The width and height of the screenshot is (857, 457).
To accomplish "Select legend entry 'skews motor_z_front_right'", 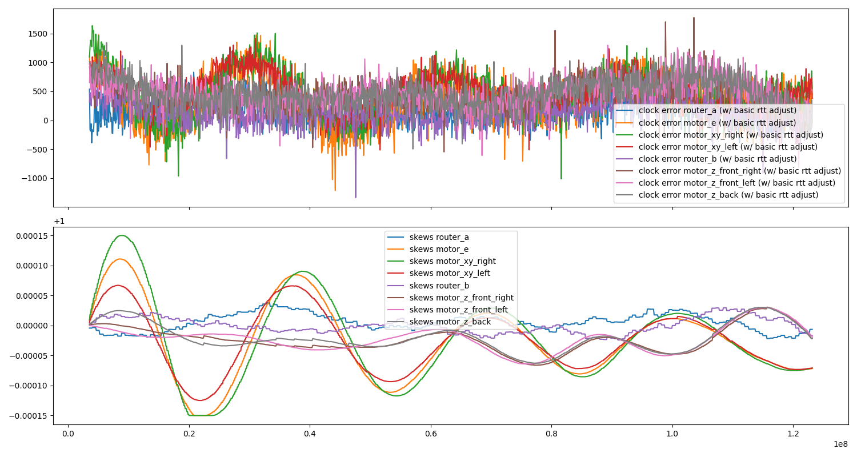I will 461,298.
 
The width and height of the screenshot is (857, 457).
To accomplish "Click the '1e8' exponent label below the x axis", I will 840,444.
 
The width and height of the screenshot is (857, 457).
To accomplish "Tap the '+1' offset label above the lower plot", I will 59,222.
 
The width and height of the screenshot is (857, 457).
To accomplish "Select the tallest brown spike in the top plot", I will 694,18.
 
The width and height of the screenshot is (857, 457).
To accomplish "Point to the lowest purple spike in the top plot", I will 355,197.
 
